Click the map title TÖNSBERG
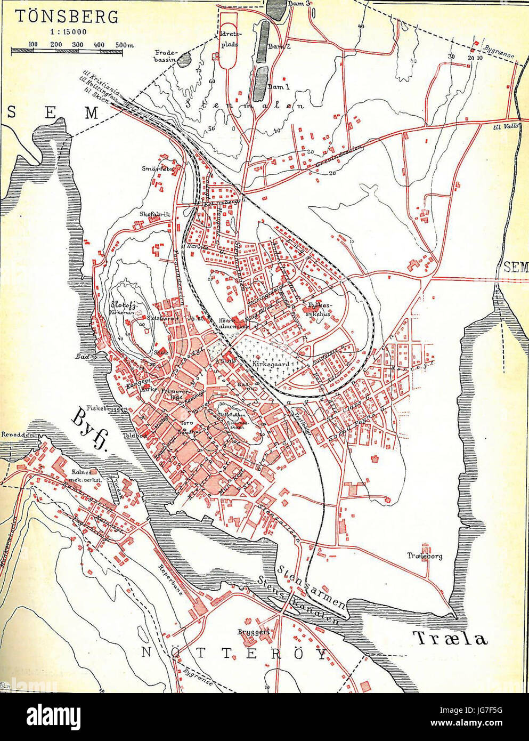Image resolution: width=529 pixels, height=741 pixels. click(66, 17)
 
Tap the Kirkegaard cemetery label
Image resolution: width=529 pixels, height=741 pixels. click(271, 364)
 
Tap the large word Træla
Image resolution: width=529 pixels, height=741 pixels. click(450, 638)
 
